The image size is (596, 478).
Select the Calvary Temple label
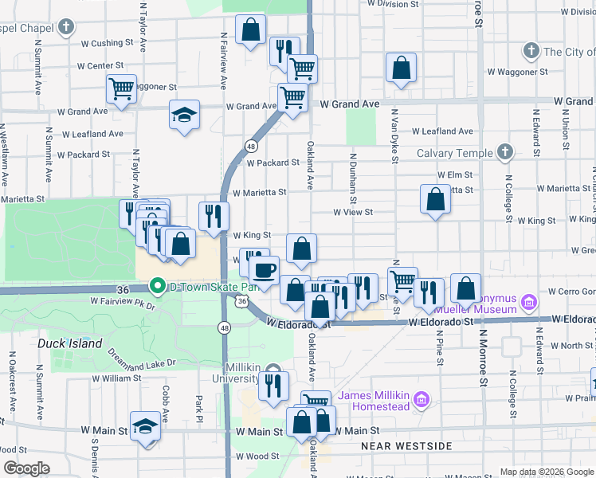pos(454,152)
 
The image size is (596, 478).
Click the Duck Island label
pos(70,343)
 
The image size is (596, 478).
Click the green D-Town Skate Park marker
pos(158,286)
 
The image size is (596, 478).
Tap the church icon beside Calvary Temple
pos(504,151)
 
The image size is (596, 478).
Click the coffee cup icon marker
pos(264,270)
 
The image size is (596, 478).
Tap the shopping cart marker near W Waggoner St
pos(121,88)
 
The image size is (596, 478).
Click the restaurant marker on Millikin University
pos(273,386)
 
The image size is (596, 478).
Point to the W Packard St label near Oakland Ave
pos(273,163)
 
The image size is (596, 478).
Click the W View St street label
pos(353,212)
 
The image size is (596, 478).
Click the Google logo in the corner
pos(26,468)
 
